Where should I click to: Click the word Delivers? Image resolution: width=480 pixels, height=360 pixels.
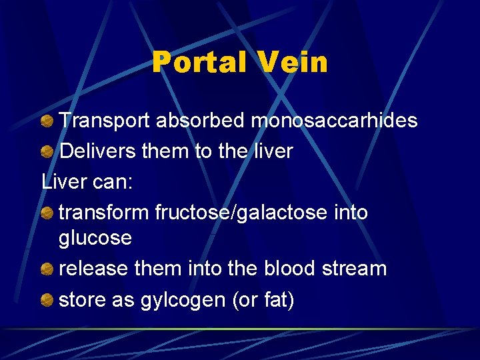(x=98, y=151)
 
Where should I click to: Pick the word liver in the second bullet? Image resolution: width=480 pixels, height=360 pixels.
(x=272, y=151)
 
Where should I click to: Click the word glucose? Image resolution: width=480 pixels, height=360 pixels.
(x=95, y=238)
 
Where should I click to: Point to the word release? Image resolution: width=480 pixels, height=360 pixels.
(x=94, y=269)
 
